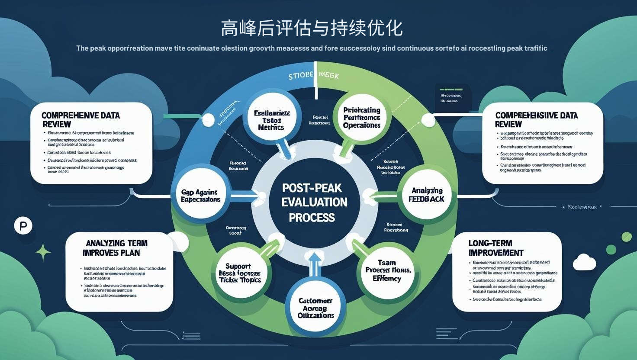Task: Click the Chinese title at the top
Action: coord(312,29)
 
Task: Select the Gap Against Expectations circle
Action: coord(201,196)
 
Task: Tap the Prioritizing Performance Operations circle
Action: coord(362,118)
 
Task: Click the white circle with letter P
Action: coord(23,226)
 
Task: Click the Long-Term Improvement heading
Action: coord(496,248)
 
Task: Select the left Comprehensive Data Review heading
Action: coord(80,119)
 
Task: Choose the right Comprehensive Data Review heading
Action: coord(537,119)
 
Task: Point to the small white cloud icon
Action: coord(584,262)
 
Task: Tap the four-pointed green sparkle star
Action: coord(43,252)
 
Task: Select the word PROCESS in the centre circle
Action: coord(312,217)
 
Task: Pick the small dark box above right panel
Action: coord(451,94)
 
